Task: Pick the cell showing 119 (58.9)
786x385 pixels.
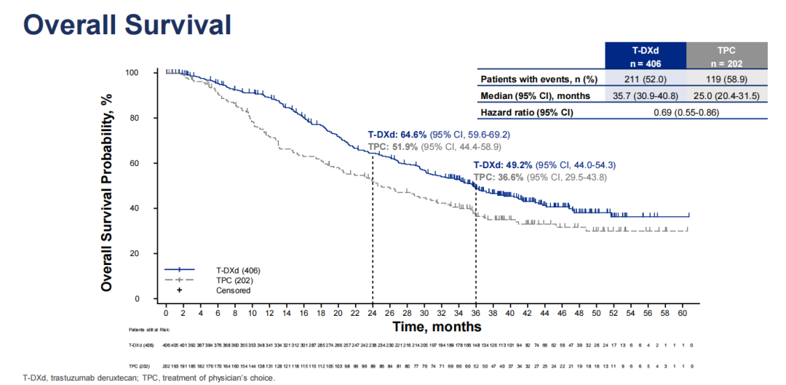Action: coord(726,79)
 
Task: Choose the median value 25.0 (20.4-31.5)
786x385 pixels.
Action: coord(726,95)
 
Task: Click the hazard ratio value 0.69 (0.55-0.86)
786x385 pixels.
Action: coord(686,113)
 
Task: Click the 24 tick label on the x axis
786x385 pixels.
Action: coord(372,312)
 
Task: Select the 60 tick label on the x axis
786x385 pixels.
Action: coord(682,312)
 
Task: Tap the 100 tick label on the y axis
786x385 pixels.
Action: coord(132,73)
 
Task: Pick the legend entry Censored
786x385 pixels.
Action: coord(233,290)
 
